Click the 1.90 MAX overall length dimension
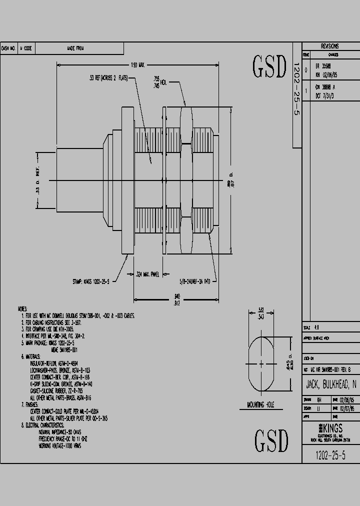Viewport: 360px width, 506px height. click(138, 65)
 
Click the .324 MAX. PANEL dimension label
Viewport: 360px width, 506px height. click(147, 274)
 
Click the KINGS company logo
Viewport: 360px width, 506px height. click(330, 428)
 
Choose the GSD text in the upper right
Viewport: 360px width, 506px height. click(270, 67)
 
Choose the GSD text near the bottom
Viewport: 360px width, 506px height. click(271, 440)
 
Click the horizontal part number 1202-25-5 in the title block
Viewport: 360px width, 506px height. click(330, 455)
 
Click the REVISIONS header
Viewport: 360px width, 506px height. click(329, 45)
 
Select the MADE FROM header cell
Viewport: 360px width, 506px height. click(75, 48)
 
